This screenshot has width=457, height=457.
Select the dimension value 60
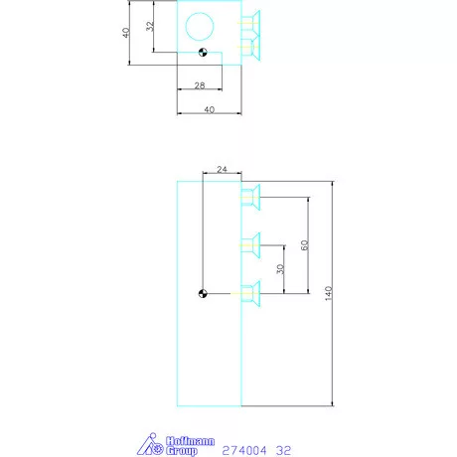pos(304,244)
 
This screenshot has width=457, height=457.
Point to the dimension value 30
pos(282,268)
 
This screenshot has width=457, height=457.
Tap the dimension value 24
pos(222,171)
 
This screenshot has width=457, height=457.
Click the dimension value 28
pos(199,86)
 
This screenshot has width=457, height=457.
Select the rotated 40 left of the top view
pos(126,33)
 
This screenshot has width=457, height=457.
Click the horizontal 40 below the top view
pos(209,110)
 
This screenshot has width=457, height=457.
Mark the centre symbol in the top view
pos(203,54)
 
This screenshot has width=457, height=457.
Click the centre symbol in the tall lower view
pos(203,292)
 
